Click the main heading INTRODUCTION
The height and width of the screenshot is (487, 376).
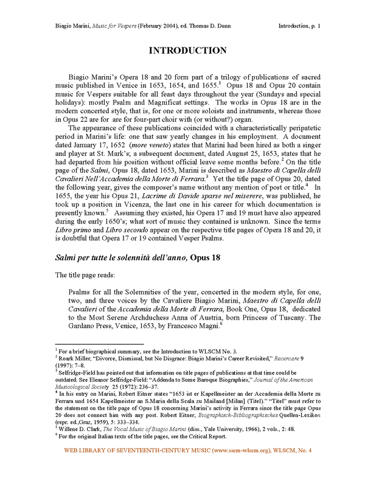(188, 51)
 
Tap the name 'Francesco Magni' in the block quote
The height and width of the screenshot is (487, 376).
(193, 325)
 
